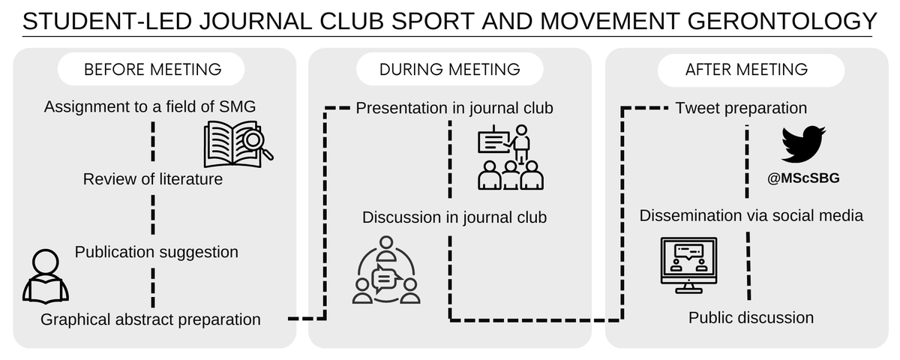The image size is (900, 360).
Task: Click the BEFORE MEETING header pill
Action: coord(153,70)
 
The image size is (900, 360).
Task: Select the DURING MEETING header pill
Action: coord(449,70)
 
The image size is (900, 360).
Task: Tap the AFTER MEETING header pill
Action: coord(746,70)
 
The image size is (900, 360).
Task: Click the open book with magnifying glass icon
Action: coord(238,144)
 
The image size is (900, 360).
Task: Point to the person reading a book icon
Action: coord(46,274)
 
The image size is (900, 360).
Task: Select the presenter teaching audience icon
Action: coord(511,160)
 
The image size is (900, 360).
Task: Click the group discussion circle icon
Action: coord(385,271)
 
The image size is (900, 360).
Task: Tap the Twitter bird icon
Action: coord(803,144)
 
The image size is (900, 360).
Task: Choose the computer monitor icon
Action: coord(688,265)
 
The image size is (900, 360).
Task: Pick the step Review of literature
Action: coord(153,179)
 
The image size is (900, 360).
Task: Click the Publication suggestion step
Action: coord(157,252)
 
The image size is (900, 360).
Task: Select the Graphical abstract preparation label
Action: coord(151,319)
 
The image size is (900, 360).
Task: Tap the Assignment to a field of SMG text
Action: coord(150,107)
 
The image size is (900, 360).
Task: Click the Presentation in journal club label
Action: coord(454,108)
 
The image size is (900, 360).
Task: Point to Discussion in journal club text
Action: coord(454,217)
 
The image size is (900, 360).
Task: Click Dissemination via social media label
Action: coord(751,216)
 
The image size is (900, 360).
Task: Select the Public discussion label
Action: coord(751,317)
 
